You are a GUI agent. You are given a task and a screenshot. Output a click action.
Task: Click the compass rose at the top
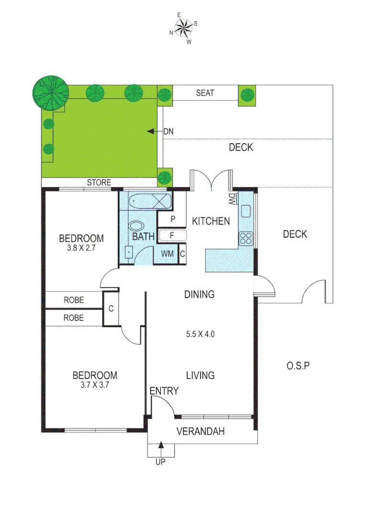(183, 29)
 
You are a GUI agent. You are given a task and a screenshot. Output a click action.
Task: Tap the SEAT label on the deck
(205, 93)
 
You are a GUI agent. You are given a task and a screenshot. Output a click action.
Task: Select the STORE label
(99, 182)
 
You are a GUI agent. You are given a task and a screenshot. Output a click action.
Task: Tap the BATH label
(144, 236)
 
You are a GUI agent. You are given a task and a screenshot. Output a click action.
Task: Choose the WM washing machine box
(167, 253)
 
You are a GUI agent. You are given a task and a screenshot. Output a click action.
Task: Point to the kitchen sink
(247, 211)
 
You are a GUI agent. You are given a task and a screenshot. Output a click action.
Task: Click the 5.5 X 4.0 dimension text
(200, 334)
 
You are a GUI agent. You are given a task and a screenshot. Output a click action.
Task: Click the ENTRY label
(164, 391)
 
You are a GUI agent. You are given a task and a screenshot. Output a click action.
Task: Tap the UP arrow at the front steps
(160, 450)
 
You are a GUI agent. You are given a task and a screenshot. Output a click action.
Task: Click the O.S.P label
(298, 366)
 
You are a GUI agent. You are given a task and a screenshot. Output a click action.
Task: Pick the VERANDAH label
(201, 431)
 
